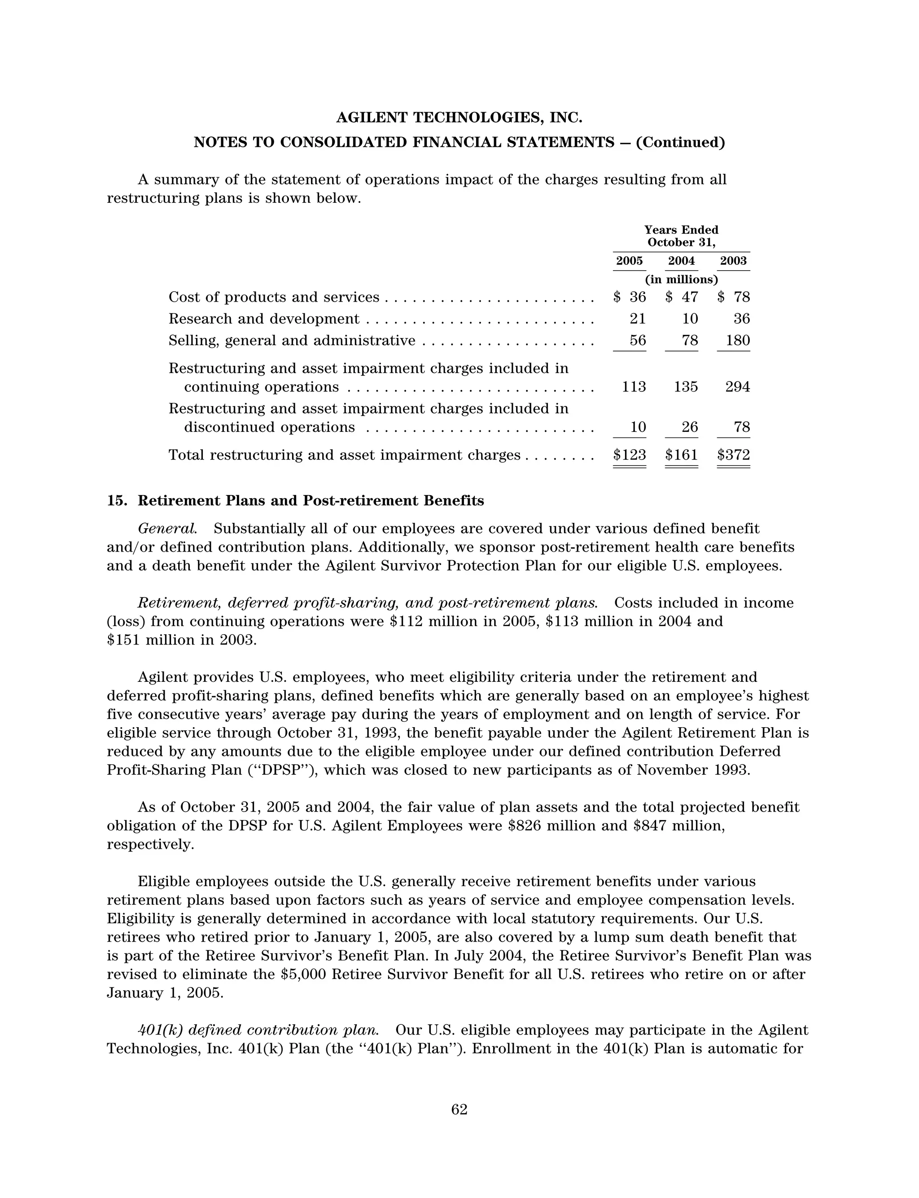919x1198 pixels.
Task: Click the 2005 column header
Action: click(629, 261)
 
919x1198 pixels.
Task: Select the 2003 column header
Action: click(733, 261)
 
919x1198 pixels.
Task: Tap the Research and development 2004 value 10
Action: click(690, 319)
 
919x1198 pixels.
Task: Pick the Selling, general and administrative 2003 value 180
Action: click(737, 341)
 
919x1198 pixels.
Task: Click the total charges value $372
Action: click(733, 455)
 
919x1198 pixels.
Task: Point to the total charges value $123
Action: click(630, 455)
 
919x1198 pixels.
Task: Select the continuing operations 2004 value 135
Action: click(686, 387)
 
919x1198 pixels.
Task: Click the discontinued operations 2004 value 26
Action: click(690, 427)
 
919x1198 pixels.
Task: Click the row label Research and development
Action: click(264, 319)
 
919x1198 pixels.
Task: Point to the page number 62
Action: click(459, 1110)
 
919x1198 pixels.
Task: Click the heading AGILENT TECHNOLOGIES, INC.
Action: click(459, 118)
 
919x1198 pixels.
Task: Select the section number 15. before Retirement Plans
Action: click(117, 501)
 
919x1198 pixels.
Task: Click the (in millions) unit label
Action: click(681, 280)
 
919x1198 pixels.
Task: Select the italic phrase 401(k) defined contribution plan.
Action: click(258, 1031)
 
